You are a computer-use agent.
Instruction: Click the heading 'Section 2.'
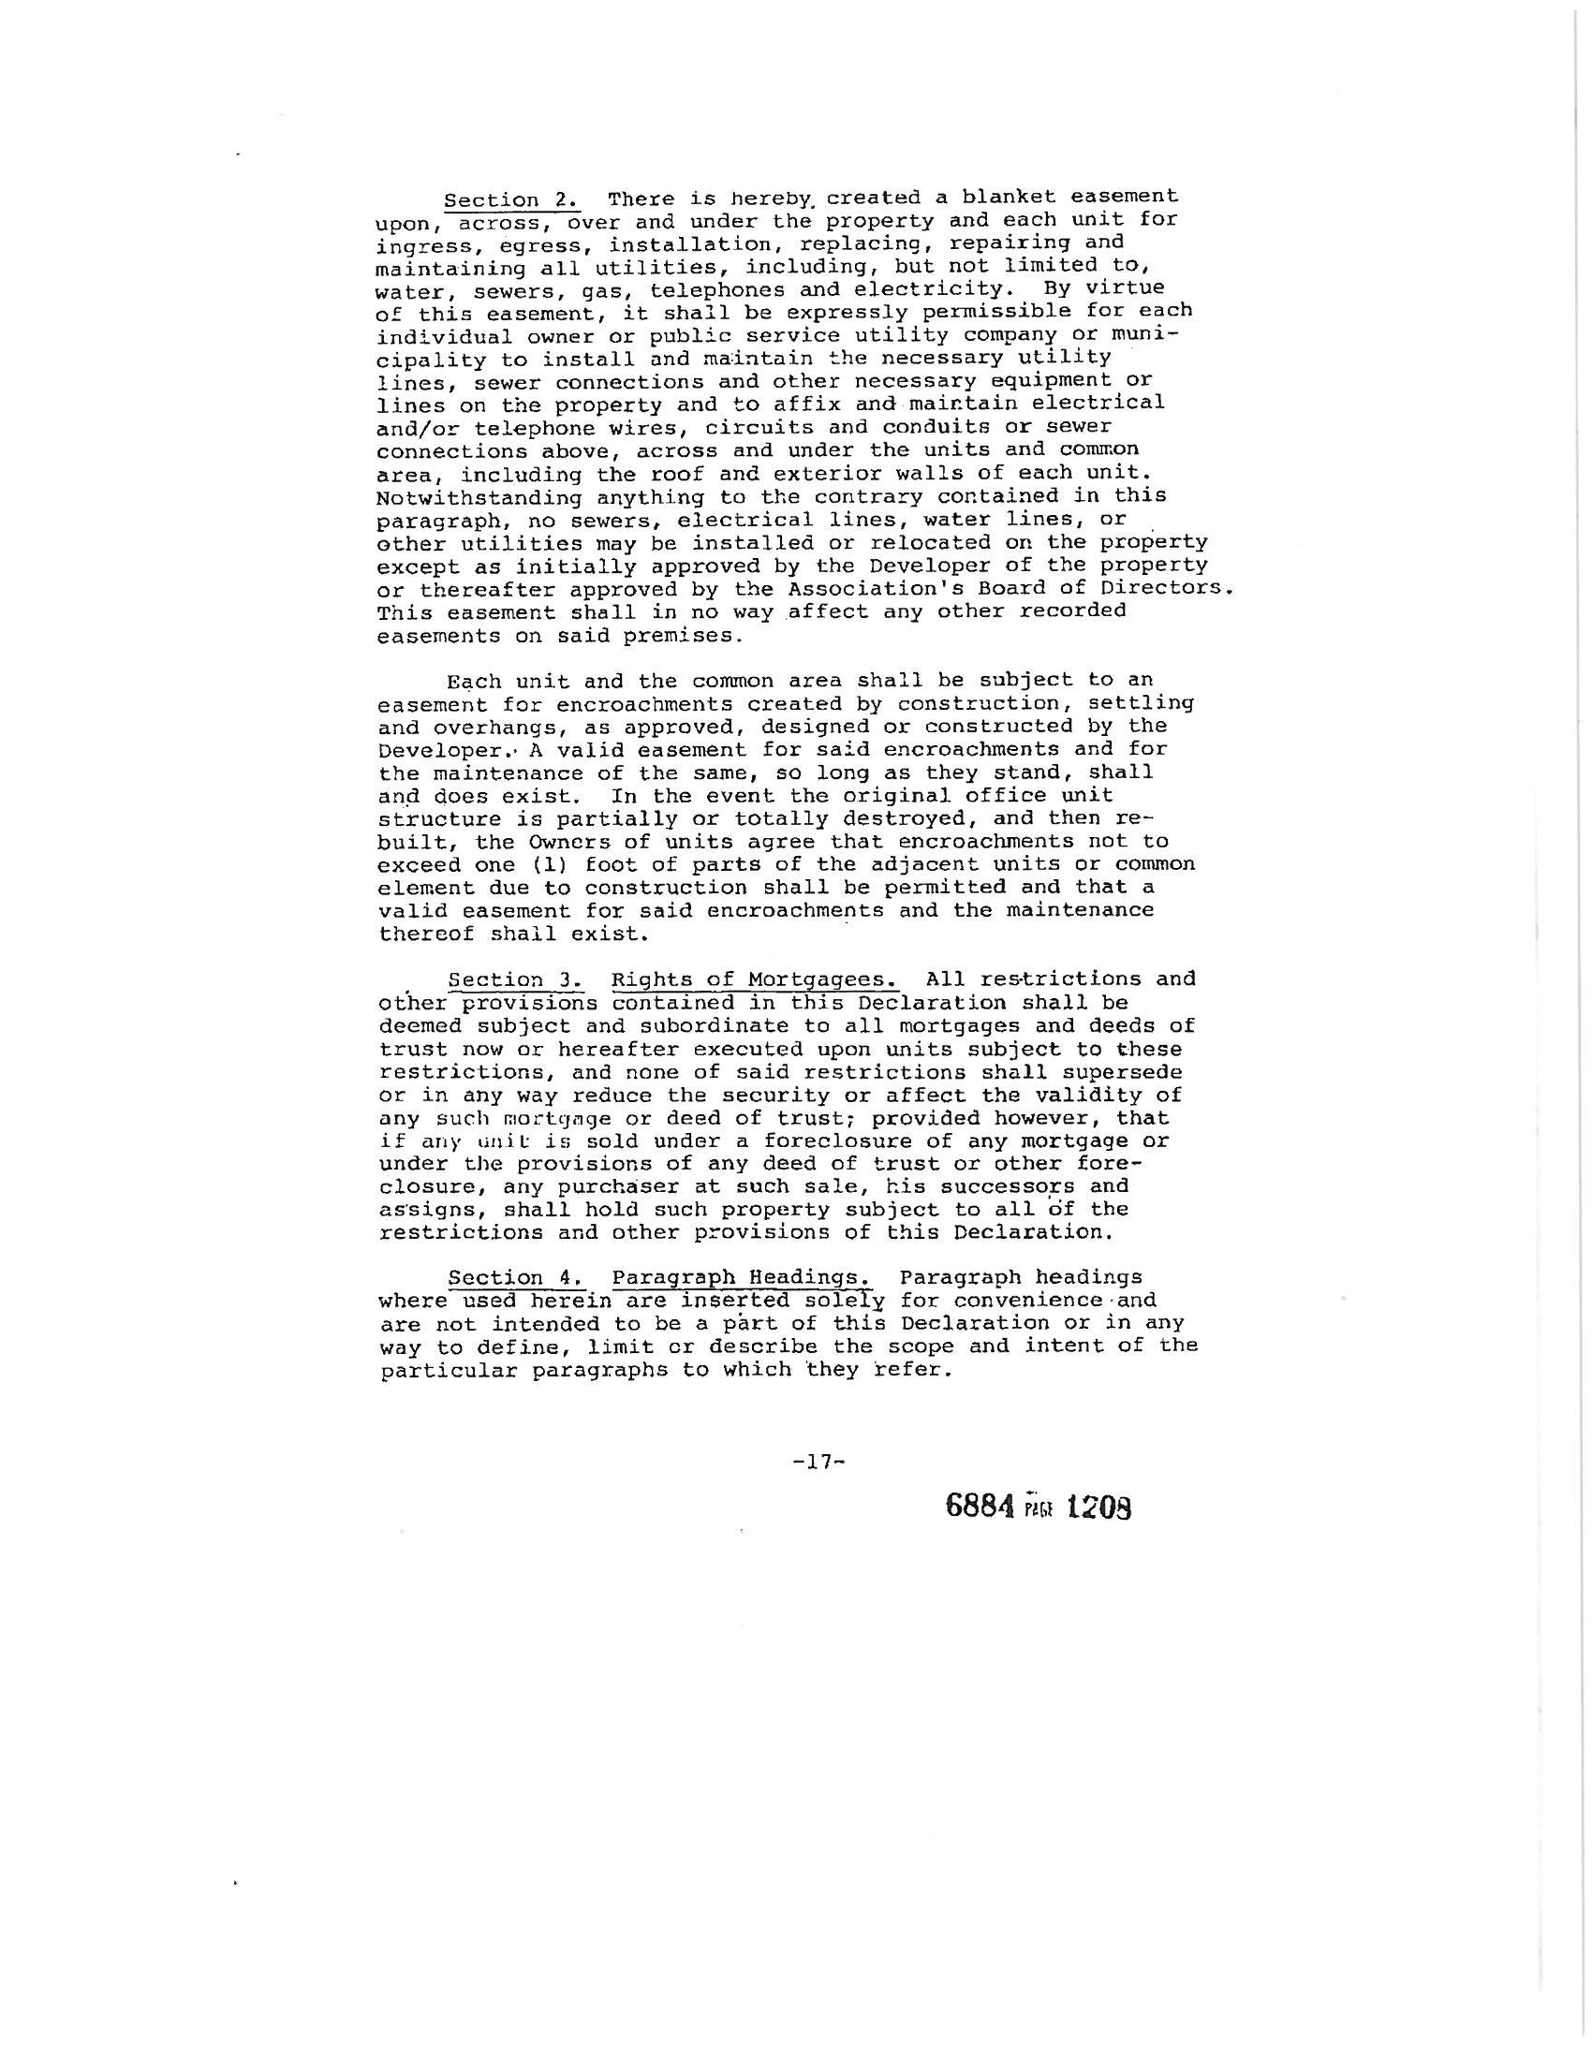coord(512,201)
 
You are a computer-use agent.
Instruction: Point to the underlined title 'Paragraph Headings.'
coord(742,1279)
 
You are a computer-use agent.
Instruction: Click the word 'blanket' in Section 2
coord(1010,199)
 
